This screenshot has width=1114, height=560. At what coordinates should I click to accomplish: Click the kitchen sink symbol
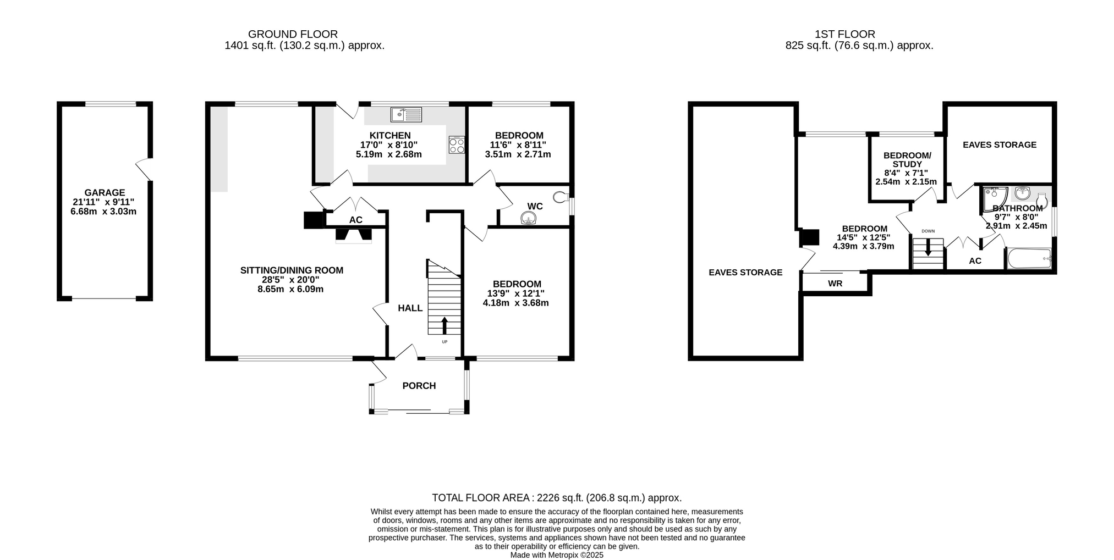[x=406, y=114]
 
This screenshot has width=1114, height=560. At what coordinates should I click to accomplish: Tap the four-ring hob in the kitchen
[x=457, y=145]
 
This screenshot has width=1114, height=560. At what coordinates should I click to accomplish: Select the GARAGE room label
[x=105, y=193]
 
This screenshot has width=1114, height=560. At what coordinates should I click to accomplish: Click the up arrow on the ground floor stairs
[x=444, y=325]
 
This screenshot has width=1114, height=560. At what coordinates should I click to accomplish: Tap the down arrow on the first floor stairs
[x=928, y=248]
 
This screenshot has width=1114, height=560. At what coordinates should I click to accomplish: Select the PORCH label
[x=419, y=386]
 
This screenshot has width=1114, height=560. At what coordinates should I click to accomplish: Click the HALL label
[x=410, y=308]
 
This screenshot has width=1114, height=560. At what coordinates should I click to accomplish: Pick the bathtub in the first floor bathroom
[x=1029, y=258]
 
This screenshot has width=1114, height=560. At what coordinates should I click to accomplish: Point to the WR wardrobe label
[x=835, y=284]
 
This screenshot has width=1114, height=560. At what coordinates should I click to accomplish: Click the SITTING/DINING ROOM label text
[x=292, y=270]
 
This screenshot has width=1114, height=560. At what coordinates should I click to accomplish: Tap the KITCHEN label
[x=390, y=136]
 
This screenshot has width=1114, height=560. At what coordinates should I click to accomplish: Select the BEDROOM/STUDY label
[x=907, y=160]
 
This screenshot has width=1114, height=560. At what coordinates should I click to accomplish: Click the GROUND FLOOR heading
[x=293, y=34]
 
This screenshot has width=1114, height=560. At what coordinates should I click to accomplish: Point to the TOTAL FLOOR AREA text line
[x=557, y=498]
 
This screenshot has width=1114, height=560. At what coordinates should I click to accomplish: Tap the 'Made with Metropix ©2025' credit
[x=557, y=555]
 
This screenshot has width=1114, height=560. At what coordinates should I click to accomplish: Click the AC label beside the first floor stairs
[x=975, y=261]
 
